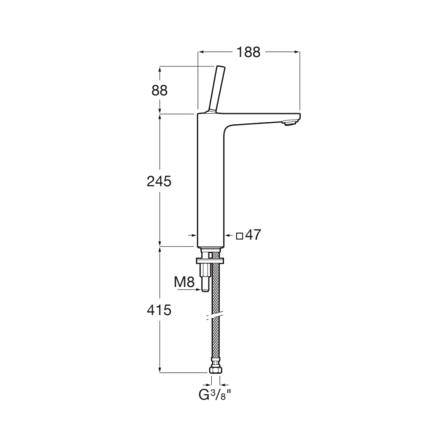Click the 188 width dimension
pyautogui.click(x=249, y=52)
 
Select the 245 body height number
pyautogui.click(x=158, y=181)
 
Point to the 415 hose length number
pyautogui.click(x=158, y=310)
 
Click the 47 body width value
pyautogui.click(x=253, y=235)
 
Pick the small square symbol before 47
pyautogui.click(x=240, y=236)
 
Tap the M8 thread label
pyautogui.click(x=184, y=282)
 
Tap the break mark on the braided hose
pyautogui.click(x=214, y=317)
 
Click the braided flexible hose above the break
pyautogui.click(x=214, y=291)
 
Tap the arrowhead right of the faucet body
pyautogui.click(x=228, y=236)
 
